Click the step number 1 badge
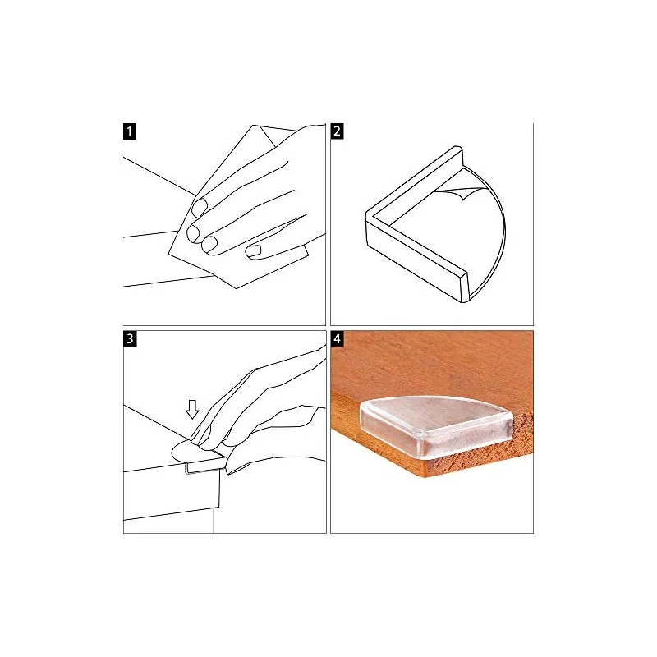coord(131,131)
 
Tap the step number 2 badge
coord(338,131)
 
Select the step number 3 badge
coord(131,338)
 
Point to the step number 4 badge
coord(338,338)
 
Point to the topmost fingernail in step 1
coord(200,209)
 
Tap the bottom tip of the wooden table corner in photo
coord(425,475)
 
